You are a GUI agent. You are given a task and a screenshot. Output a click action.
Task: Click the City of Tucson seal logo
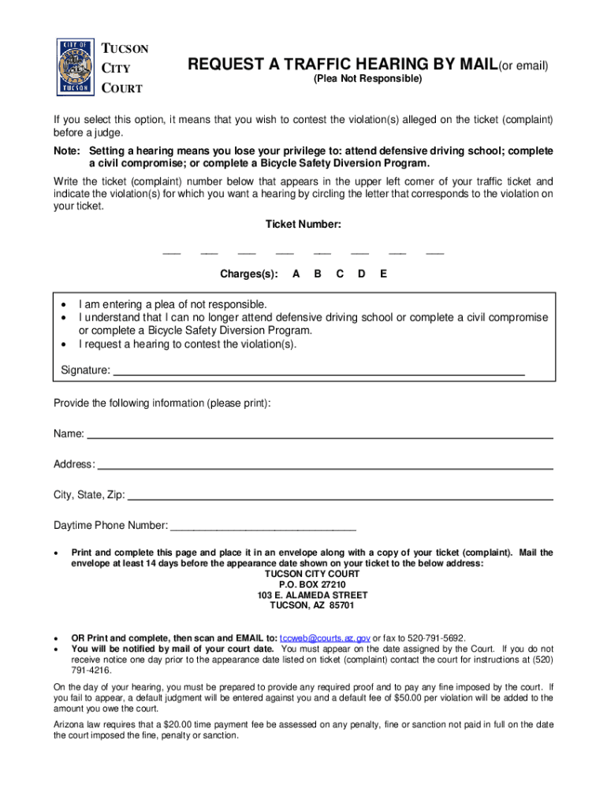[76, 66]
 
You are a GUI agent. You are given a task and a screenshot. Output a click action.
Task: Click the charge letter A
[296, 274]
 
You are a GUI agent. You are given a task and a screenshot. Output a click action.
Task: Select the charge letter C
[340, 274]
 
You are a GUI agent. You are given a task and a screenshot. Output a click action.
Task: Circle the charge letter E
[383, 274]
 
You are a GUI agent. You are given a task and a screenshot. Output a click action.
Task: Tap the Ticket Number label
[303, 225]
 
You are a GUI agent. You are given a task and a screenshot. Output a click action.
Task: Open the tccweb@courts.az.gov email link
[325, 638]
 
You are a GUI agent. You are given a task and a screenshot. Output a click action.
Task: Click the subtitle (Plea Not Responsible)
[367, 80]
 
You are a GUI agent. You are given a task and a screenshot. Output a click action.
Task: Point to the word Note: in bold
[67, 151]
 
